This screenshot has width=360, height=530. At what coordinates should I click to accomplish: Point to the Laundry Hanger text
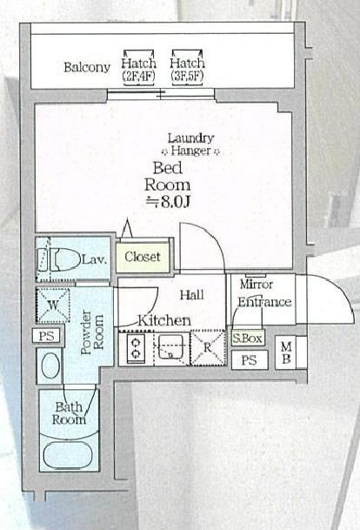click(190, 144)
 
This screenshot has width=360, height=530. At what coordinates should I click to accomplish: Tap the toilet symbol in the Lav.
click(57, 258)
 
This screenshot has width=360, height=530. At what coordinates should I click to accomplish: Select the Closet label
click(142, 257)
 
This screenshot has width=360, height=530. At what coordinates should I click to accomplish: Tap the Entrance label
click(265, 302)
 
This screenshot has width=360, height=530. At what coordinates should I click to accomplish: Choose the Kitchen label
click(164, 320)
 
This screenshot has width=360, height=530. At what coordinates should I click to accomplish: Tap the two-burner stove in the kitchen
click(137, 350)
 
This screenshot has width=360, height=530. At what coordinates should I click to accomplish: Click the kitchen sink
click(171, 349)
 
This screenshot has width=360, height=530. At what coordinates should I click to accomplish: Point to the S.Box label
click(247, 339)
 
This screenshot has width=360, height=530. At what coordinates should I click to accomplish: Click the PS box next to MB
click(249, 360)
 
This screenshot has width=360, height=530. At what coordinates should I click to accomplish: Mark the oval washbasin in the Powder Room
click(50, 365)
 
